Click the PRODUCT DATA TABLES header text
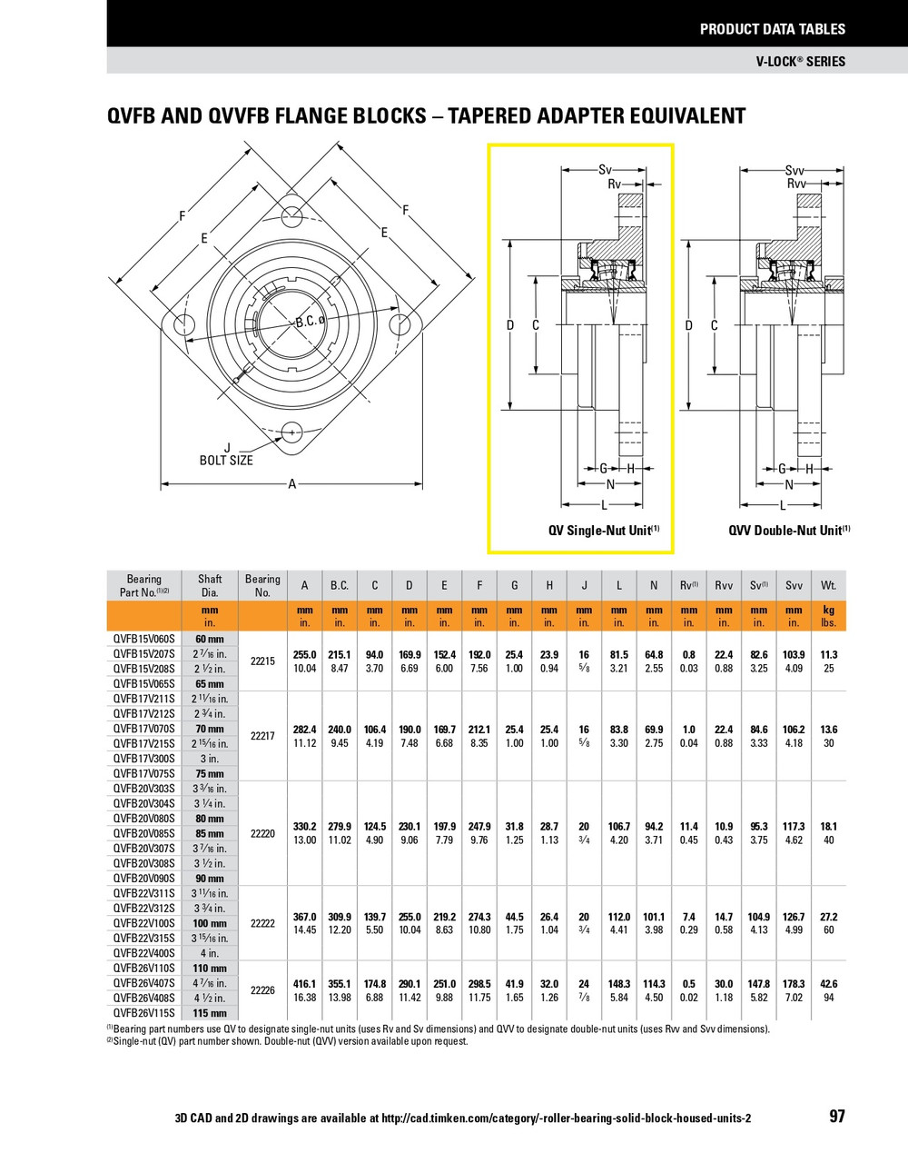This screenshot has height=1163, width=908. click(772, 29)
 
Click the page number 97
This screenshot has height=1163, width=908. click(836, 1117)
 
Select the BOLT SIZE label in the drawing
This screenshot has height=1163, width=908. click(226, 461)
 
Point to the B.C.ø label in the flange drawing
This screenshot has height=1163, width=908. click(310, 322)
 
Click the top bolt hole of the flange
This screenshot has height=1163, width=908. click(291, 216)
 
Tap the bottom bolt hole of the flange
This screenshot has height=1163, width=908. click(291, 432)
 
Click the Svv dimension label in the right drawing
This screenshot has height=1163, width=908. click(794, 170)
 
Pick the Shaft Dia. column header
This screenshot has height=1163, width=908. click(210, 585)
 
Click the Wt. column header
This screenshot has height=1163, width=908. click(828, 586)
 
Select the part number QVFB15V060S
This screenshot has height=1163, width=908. click(144, 640)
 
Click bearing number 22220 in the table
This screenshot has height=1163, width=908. click(262, 833)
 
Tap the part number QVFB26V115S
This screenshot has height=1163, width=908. click(144, 1013)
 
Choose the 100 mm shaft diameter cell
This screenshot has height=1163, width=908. click(210, 923)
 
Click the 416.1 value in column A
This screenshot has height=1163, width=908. click(304, 984)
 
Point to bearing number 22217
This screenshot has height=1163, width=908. click(262, 736)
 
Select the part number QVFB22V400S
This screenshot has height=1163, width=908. click(144, 953)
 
